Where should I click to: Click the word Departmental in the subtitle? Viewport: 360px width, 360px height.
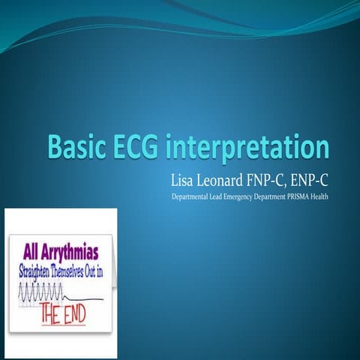pyautogui.click(x=191, y=198)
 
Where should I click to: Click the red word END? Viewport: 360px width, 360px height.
pyautogui.click(x=73, y=311)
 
